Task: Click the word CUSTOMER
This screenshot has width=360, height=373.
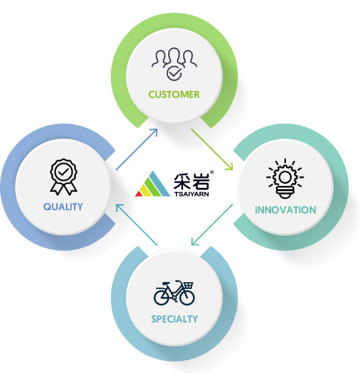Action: (174, 95)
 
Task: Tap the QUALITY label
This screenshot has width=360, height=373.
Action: (63, 207)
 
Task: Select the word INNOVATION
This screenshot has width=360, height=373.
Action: (285, 210)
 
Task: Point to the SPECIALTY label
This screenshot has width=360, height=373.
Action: (174, 319)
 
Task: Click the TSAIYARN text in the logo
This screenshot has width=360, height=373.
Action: (192, 194)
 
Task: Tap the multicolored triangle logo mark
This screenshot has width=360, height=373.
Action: (153, 184)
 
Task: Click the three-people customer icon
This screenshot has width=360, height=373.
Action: (174, 64)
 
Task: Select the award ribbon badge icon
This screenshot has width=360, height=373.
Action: (63, 177)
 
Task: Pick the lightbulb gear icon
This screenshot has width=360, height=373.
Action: (285, 178)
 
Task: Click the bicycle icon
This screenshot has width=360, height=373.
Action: (174, 293)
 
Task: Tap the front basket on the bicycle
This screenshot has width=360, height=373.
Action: (188, 285)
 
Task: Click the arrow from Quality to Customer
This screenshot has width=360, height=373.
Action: (137, 149)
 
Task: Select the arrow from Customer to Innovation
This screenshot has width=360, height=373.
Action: (212, 149)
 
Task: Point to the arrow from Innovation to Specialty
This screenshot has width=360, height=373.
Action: (212, 225)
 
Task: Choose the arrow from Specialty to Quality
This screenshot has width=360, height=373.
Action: (137, 225)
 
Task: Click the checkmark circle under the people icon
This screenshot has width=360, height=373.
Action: (174, 73)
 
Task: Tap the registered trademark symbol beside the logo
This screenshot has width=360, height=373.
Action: (212, 172)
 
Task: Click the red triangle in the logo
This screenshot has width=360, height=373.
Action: (139, 194)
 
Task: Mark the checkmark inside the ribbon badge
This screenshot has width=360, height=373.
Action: (63, 172)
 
